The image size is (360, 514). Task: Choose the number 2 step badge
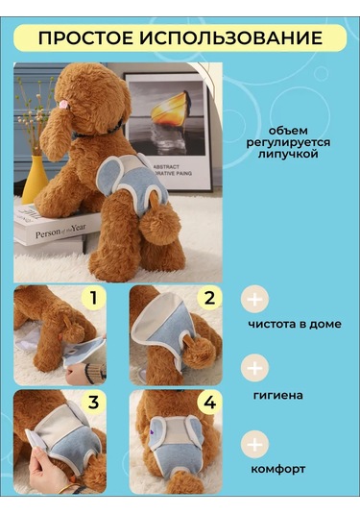click(208, 299)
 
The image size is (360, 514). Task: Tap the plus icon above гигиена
click(255, 368)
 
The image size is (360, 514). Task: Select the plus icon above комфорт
click(255, 444)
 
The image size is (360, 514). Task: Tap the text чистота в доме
click(293, 324)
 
